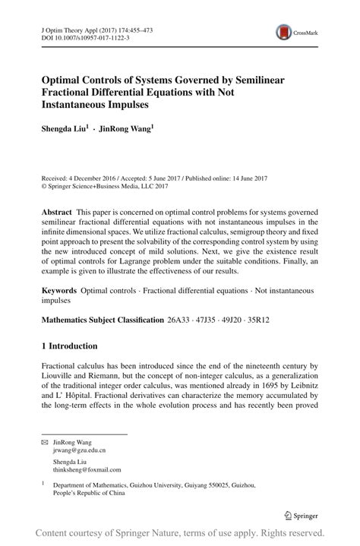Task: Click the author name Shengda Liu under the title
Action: [x=65, y=130]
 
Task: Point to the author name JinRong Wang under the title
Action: [x=125, y=130]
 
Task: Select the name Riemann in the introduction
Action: [x=111, y=374]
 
